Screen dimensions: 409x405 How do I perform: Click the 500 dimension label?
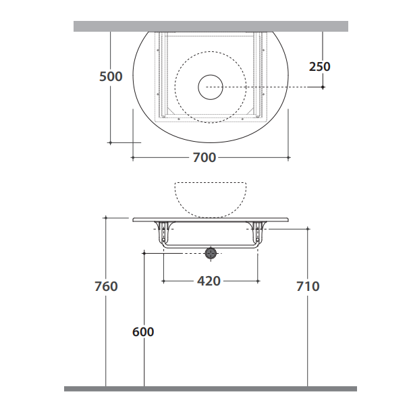(x=111, y=76)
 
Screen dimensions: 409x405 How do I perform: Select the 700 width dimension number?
(x=204, y=157)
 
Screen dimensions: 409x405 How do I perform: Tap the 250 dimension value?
(x=319, y=67)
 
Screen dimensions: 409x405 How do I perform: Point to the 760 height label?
(x=106, y=286)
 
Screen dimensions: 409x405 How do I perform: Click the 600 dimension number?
(x=143, y=332)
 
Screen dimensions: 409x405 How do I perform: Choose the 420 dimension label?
(x=209, y=281)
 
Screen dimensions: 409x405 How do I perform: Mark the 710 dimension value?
(x=308, y=286)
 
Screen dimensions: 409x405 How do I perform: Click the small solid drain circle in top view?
(x=211, y=75)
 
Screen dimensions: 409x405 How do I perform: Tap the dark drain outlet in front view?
(x=211, y=253)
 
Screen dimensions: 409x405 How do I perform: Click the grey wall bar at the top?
(x=211, y=26)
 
